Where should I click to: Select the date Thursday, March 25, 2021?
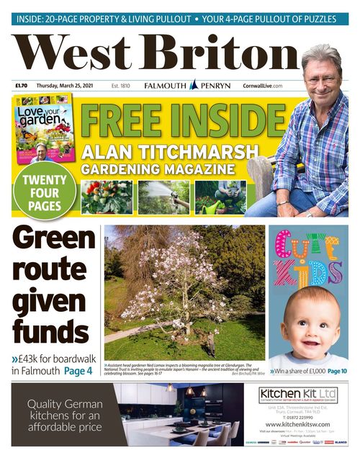pos(67,86)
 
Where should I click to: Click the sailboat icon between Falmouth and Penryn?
pos(193,85)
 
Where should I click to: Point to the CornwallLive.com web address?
pos(263,86)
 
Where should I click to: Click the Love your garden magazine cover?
pos(43,130)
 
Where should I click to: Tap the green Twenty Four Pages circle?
pos(44,191)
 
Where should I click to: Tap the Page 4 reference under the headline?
pos(78,372)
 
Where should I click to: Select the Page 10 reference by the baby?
pos(337,371)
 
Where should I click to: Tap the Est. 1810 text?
pos(120,86)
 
